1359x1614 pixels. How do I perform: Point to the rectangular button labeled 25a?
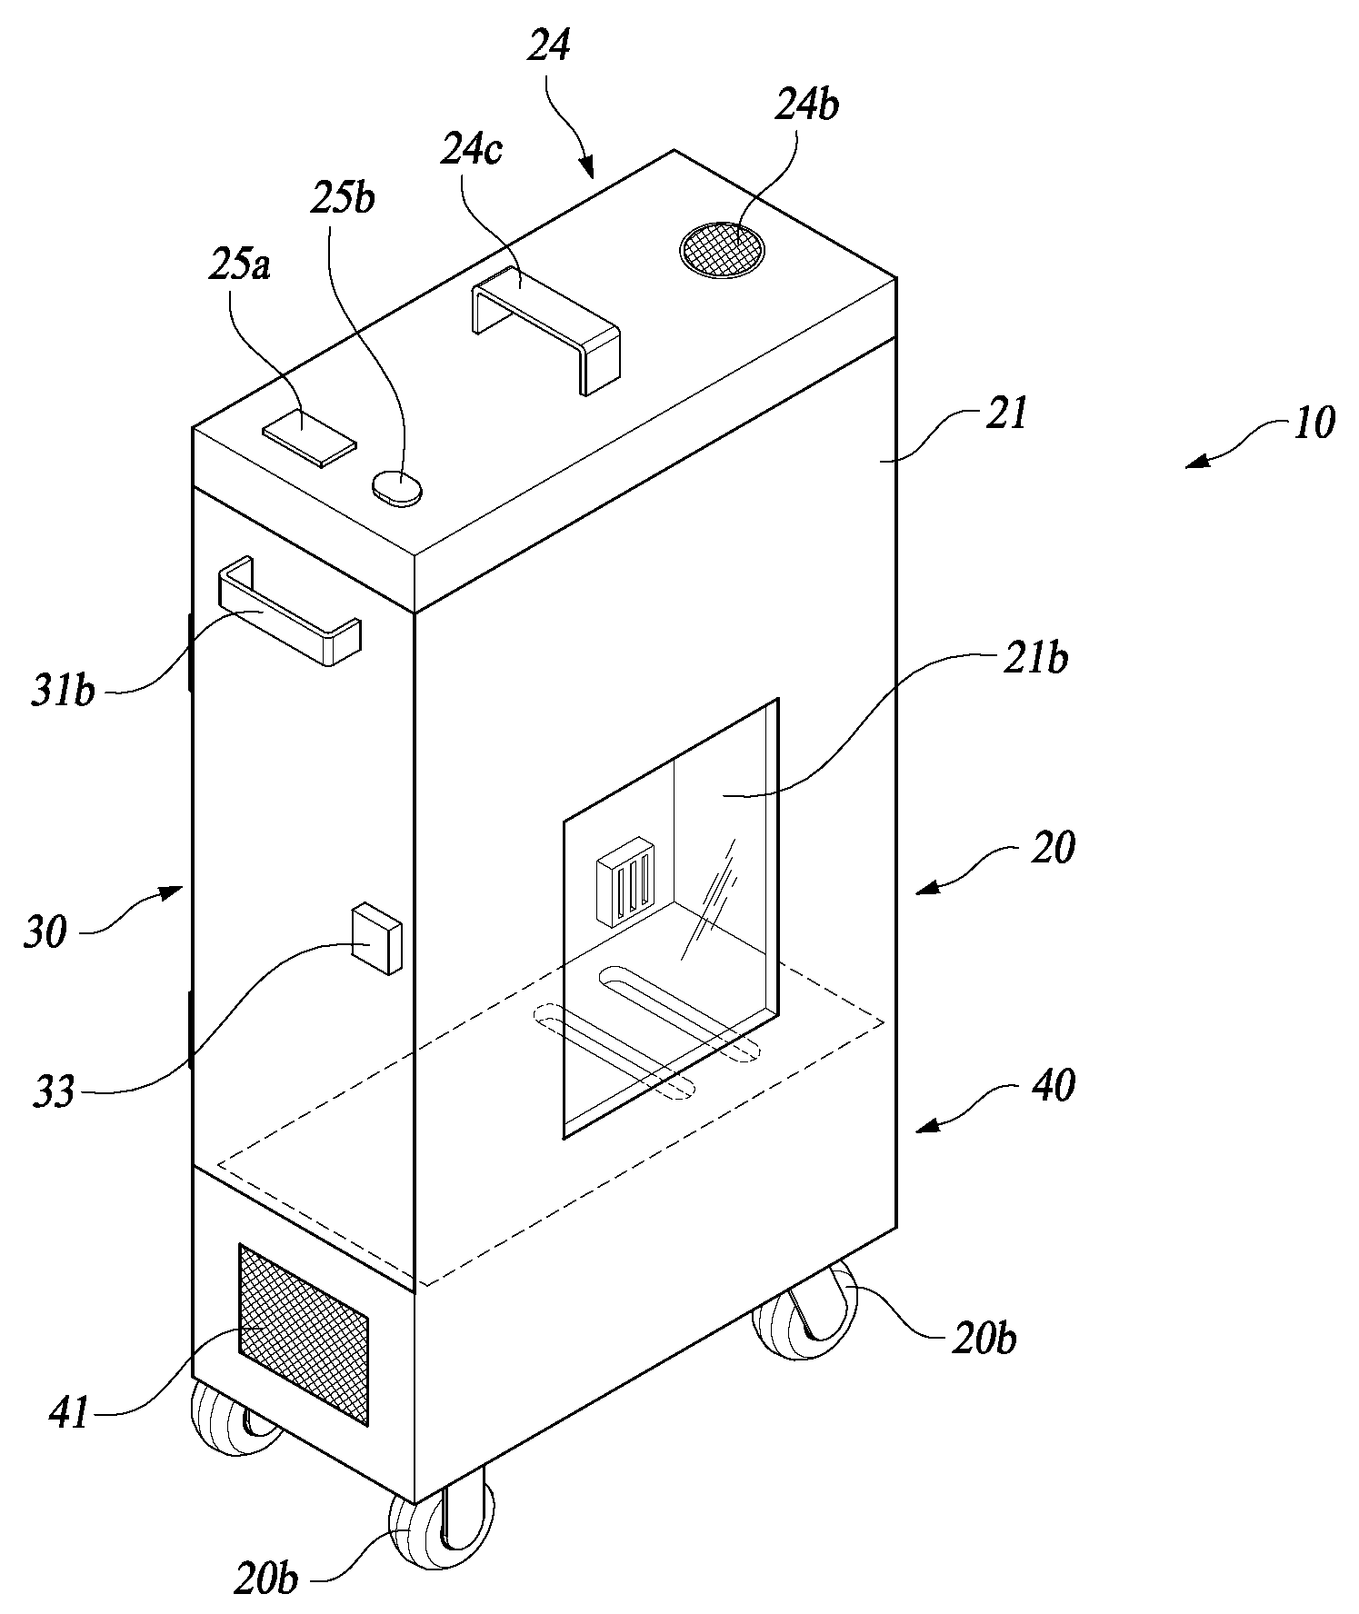tap(310, 437)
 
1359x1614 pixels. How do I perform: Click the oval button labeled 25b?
tap(397, 486)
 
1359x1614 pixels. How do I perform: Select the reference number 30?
tap(45, 932)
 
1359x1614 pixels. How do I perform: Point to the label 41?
tap(70, 1413)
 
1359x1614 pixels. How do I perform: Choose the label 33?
tap(52, 1091)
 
